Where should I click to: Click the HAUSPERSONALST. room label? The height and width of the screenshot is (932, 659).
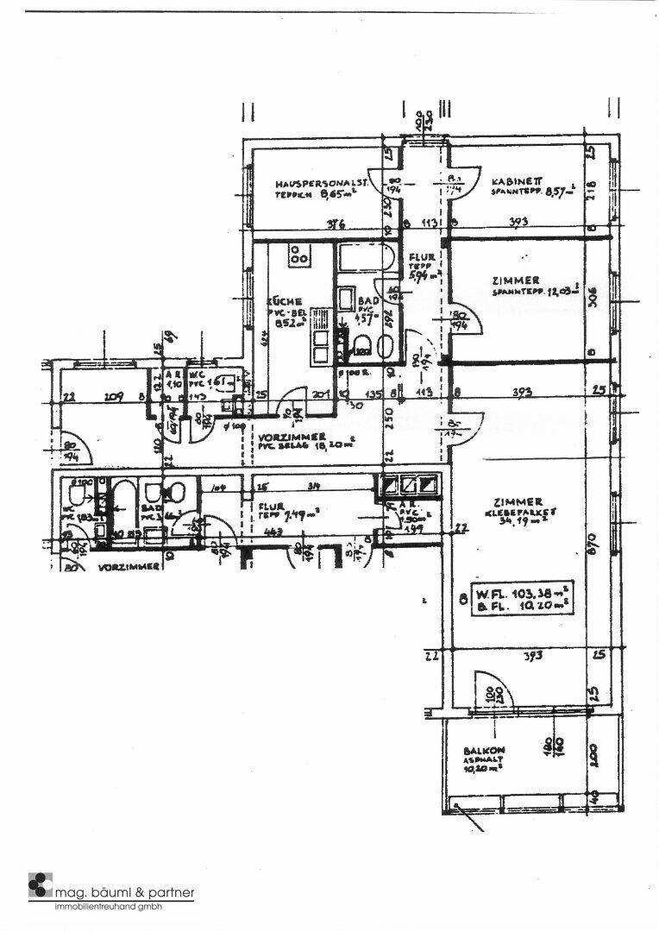click(323, 183)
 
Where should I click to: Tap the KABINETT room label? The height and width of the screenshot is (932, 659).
click(516, 181)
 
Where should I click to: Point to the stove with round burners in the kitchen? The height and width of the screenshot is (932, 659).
click(300, 255)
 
